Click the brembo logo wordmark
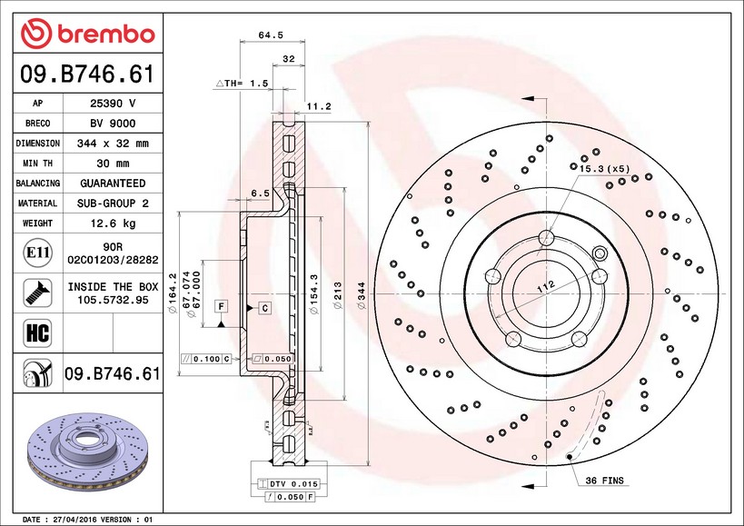coord(105,35)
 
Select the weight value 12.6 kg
coord(113,223)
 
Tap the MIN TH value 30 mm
coord(113,164)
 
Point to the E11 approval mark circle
coord(37,253)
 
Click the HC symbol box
coord(37,332)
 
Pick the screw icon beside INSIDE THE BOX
coord(37,293)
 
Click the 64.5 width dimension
coord(271,35)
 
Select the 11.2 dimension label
coord(318,106)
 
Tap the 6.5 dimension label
coord(260,193)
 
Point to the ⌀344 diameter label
coord(362,295)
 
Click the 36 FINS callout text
coord(604,481)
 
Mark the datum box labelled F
coord(221,307)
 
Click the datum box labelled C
coord(264,308)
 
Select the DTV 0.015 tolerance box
coord(288,484)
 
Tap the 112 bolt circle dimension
coord(546,286)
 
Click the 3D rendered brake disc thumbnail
coord(87,454)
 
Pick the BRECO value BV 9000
coord(113,124)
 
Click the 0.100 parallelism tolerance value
coord(207,359)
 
